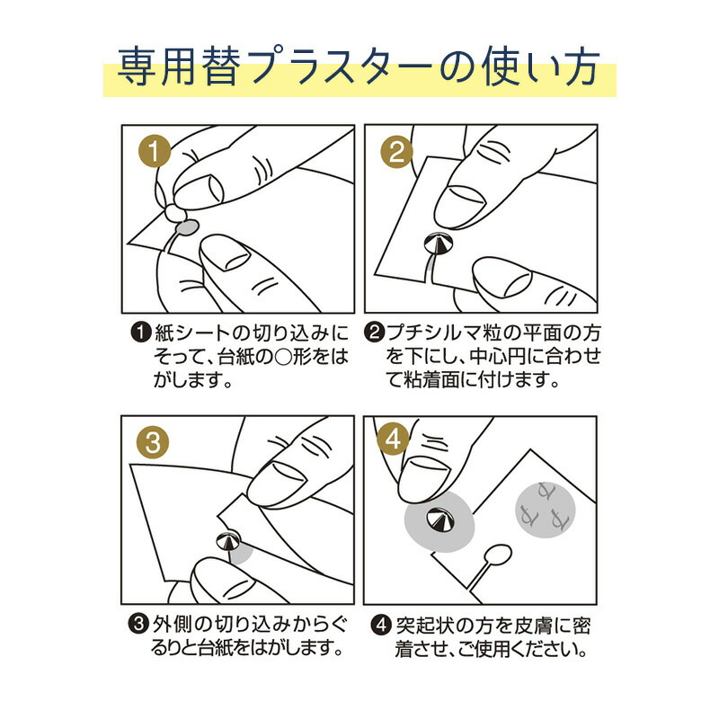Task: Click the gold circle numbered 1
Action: tap(156, 154)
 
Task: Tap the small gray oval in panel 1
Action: tap(186, 229)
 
